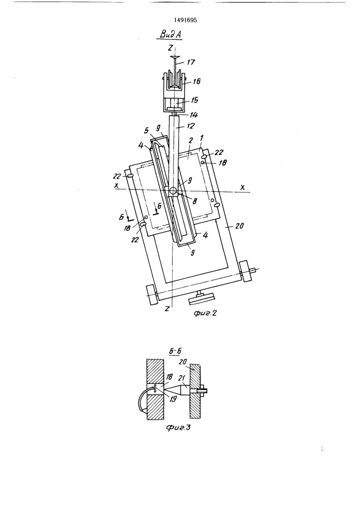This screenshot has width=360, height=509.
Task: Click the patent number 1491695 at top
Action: click(185, 20)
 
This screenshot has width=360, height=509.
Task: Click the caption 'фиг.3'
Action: click(178, 428)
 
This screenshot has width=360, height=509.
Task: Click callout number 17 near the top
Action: click(191, 62)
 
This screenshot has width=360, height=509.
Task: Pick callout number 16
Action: click(197, 81)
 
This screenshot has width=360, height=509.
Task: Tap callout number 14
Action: click(194, 115)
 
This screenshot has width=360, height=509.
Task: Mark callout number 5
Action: click(146, 130)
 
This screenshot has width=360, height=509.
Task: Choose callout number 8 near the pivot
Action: click(195, 201)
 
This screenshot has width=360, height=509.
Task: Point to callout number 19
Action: click(173, 399)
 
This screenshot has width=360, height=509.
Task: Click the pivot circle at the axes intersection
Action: click(173, 190)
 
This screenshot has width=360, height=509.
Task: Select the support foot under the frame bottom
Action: click(201, 297)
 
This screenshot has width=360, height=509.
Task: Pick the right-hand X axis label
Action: click(242, 187)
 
